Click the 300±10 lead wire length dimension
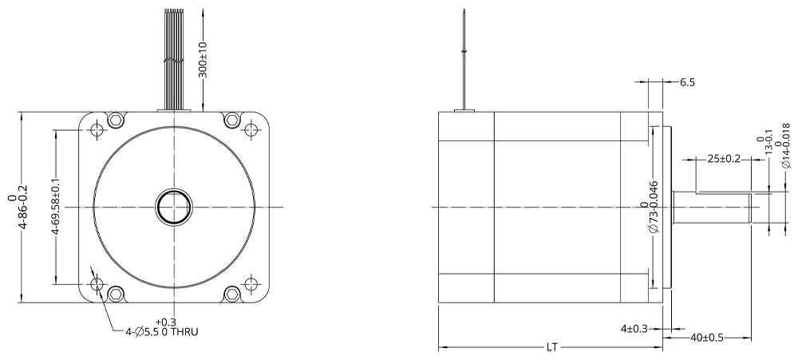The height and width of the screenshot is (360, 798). point(203,59)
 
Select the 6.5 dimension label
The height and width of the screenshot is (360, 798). point(687,82)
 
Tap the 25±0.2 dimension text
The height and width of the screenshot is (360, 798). point(724,159)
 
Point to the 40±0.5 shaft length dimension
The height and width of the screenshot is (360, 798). point(707,338)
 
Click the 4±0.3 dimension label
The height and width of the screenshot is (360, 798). point(634,329)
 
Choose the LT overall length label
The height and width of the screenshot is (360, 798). point(552,347)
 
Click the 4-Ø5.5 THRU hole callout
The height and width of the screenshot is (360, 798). point(162,327)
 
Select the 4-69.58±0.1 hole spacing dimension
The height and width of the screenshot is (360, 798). point(56,206)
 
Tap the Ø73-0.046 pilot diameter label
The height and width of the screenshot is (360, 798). point(650,206)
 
